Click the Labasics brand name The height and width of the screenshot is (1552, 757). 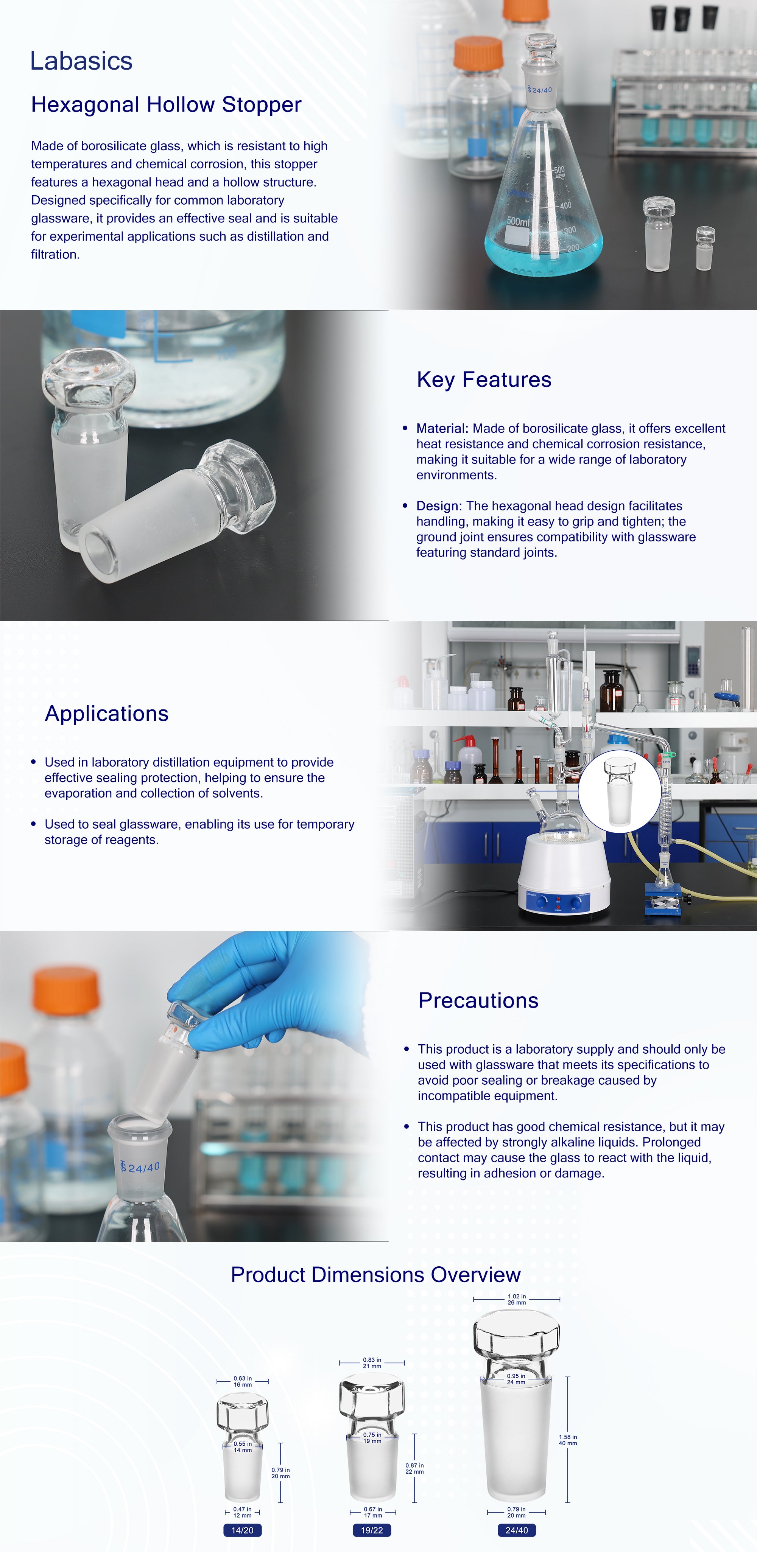tap(81, 61)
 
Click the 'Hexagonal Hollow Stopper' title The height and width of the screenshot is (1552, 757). tap(166, 105)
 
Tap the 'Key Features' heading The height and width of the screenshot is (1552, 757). tap(484, 379)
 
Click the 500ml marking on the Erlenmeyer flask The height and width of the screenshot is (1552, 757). tap(518, 222)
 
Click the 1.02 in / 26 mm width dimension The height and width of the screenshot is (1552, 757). tap(517, 1300)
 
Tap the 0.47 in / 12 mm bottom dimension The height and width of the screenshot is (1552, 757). tap(242, 1512)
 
